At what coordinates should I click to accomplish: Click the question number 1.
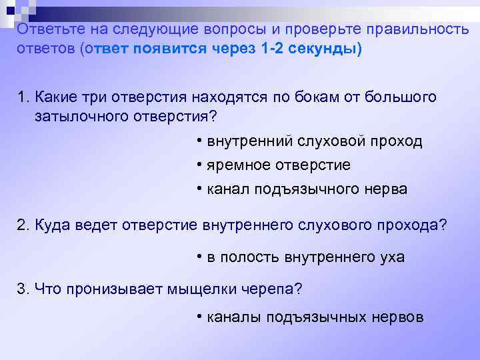pos(21,97)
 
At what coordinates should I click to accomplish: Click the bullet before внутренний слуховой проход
pos(200,141)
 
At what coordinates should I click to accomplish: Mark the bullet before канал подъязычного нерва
pos(200,189)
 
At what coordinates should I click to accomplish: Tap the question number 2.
pos(22,225)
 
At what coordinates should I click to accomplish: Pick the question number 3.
pos(22,289)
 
